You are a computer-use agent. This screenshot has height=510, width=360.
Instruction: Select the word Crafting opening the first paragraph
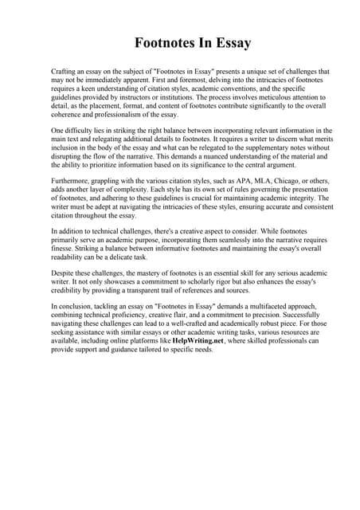65,72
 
